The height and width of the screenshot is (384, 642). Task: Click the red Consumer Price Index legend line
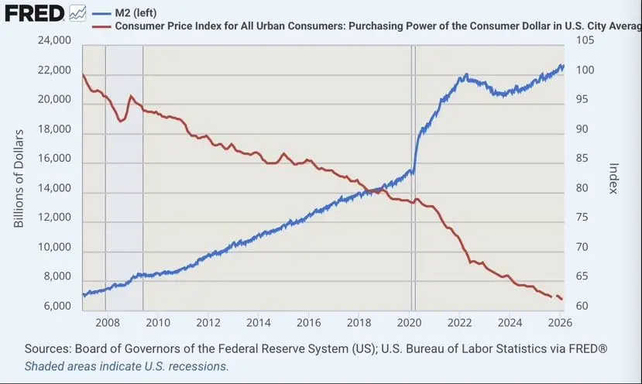point(101,26)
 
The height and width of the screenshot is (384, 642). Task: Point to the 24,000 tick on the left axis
point(54,40)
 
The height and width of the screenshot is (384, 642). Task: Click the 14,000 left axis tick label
point(54,189)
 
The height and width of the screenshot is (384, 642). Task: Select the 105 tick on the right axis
point(585,40)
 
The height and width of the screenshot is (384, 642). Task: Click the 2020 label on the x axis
point(410,323)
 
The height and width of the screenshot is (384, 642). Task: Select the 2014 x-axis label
point(258,323)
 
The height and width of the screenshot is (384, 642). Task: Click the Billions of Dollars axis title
point(20,179)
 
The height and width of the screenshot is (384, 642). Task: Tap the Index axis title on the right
point(613,179)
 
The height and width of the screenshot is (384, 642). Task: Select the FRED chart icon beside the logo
point(77,13)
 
